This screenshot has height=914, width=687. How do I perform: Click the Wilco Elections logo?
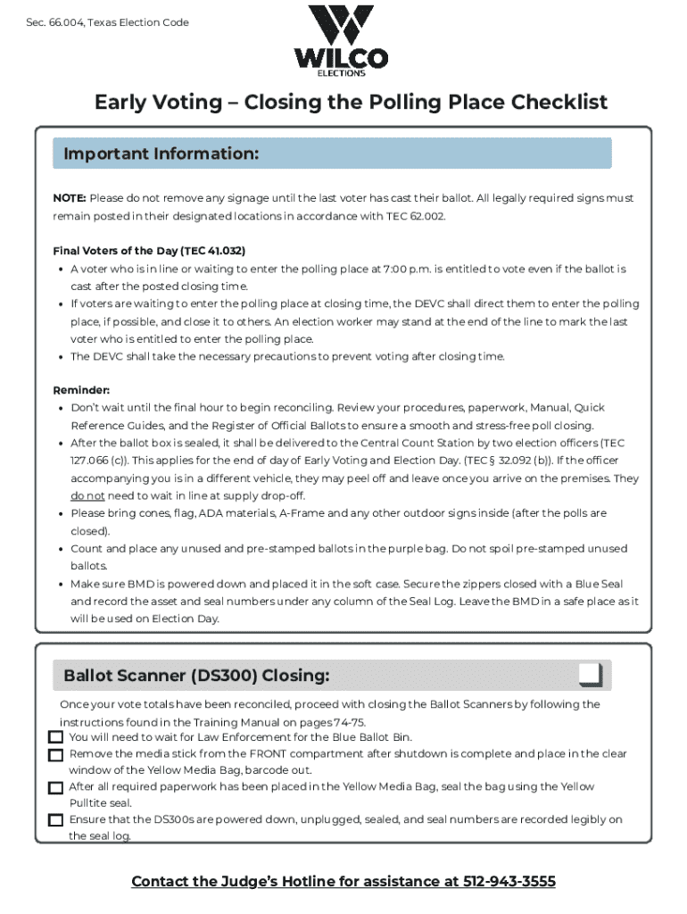click(342, 41)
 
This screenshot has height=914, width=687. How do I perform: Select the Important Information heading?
click(161, 154)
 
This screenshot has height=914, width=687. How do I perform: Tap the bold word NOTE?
click(70, 198)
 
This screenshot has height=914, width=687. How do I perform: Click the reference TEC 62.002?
click(413, 216)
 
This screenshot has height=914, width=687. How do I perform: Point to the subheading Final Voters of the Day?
click(149, 251)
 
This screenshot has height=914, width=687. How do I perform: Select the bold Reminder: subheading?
click(81, 390)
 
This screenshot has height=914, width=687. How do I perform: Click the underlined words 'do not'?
click(88, 495)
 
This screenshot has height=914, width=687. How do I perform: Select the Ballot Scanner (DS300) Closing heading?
click(196, 676)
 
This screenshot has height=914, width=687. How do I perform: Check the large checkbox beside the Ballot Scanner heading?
click(590, 675)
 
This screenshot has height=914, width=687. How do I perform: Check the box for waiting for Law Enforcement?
click(55, 737)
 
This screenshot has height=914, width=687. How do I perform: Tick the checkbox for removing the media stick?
click(55, 754)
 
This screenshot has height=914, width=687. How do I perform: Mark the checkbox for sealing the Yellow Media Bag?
click(55, 787)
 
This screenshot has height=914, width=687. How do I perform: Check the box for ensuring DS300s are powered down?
click(55, 819)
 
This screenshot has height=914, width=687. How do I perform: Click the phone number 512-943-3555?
click(509, 882)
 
